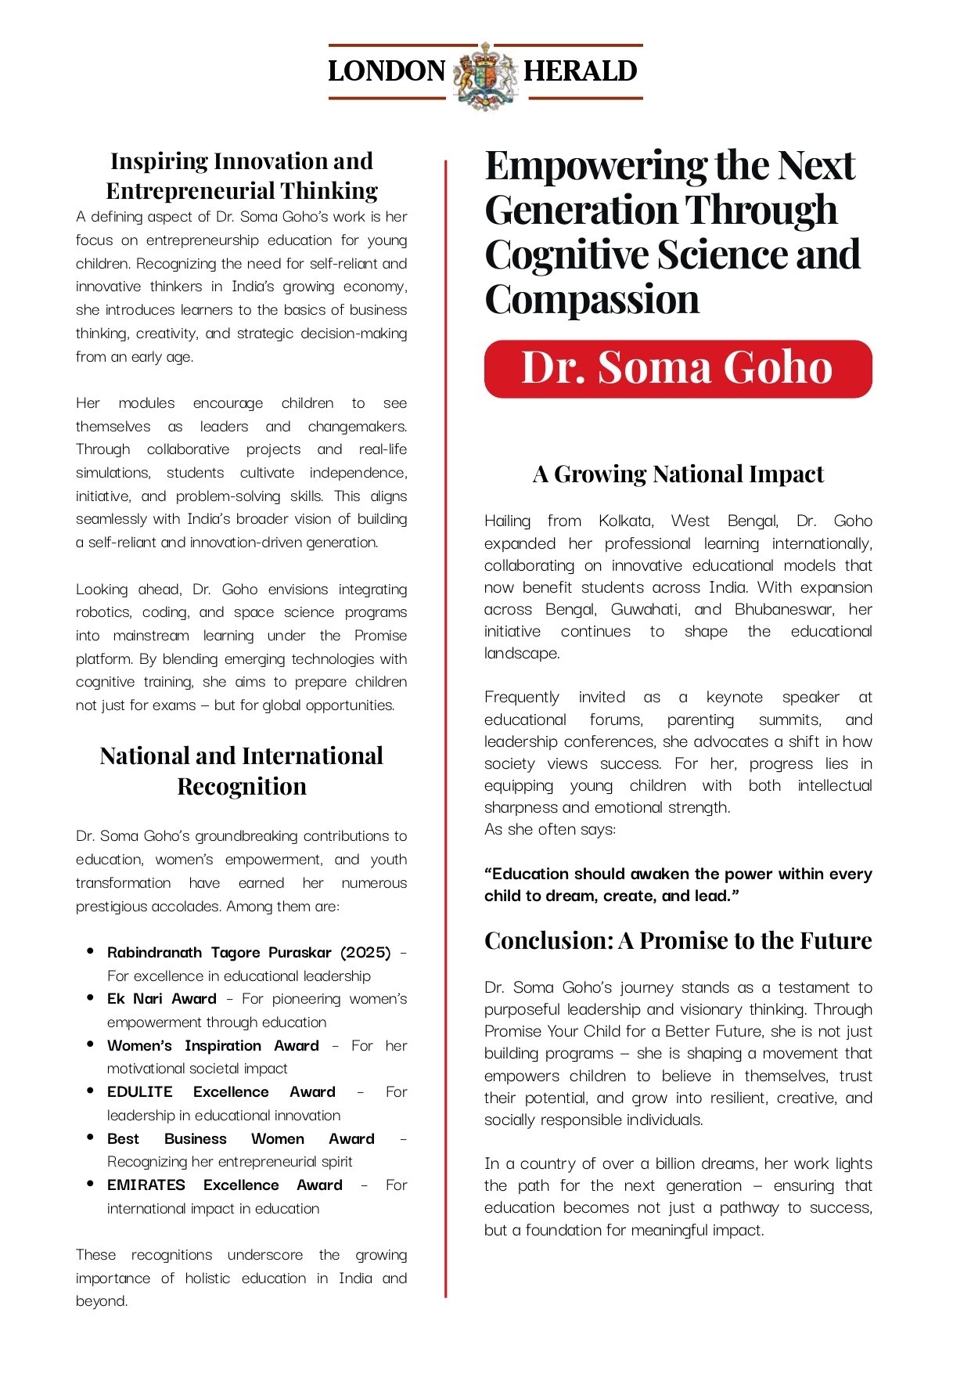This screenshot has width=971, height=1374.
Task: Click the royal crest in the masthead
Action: tap(486, 75)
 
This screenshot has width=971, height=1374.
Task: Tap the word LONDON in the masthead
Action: tap(387, 71)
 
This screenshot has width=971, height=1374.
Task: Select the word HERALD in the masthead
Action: tap(580, 71)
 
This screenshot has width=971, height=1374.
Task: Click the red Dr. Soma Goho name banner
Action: tap(678, 368)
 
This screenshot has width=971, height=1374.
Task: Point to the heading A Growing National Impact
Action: tap(678, 474)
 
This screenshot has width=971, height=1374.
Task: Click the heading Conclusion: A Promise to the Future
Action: tap(678, 940)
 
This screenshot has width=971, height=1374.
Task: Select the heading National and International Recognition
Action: tap(242, 770)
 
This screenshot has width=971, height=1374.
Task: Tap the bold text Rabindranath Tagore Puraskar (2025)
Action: tap(249, 953)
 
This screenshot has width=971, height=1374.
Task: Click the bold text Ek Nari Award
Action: tap(161, 999)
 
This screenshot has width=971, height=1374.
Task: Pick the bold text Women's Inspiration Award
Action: tap(213, 1046)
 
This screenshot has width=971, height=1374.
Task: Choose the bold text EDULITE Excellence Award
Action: tap(221, 1092)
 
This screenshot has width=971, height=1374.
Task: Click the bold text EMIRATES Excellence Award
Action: tap(225, 1185)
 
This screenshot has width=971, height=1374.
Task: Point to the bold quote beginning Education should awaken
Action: tap(678, 885)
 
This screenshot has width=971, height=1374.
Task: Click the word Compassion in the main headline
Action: tap(592, 300)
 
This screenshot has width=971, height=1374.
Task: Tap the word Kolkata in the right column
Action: tap(625, 521)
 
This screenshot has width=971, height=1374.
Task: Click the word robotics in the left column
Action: tap(103, 612)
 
